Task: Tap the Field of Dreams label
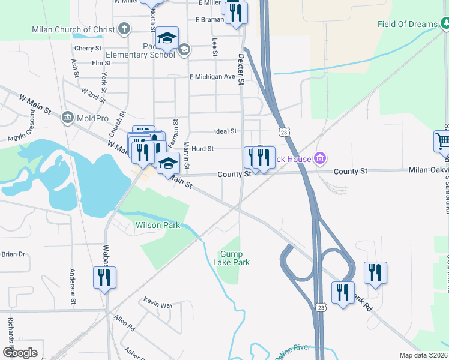tap(408, 25)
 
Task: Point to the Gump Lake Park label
tap(231, 258)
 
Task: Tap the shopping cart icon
tap(442, 142)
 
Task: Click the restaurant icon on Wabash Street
tap(104, 278)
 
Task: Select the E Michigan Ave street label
tap(212, 77)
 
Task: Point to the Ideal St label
tap(226, 131)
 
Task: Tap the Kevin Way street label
tap(158, 302)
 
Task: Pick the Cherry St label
tap(88, 48)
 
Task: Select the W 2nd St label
tap(92, 95)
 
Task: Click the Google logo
tap(20, 353)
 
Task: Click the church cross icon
tap(124, 29)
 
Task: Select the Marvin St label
tap(187, 155)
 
